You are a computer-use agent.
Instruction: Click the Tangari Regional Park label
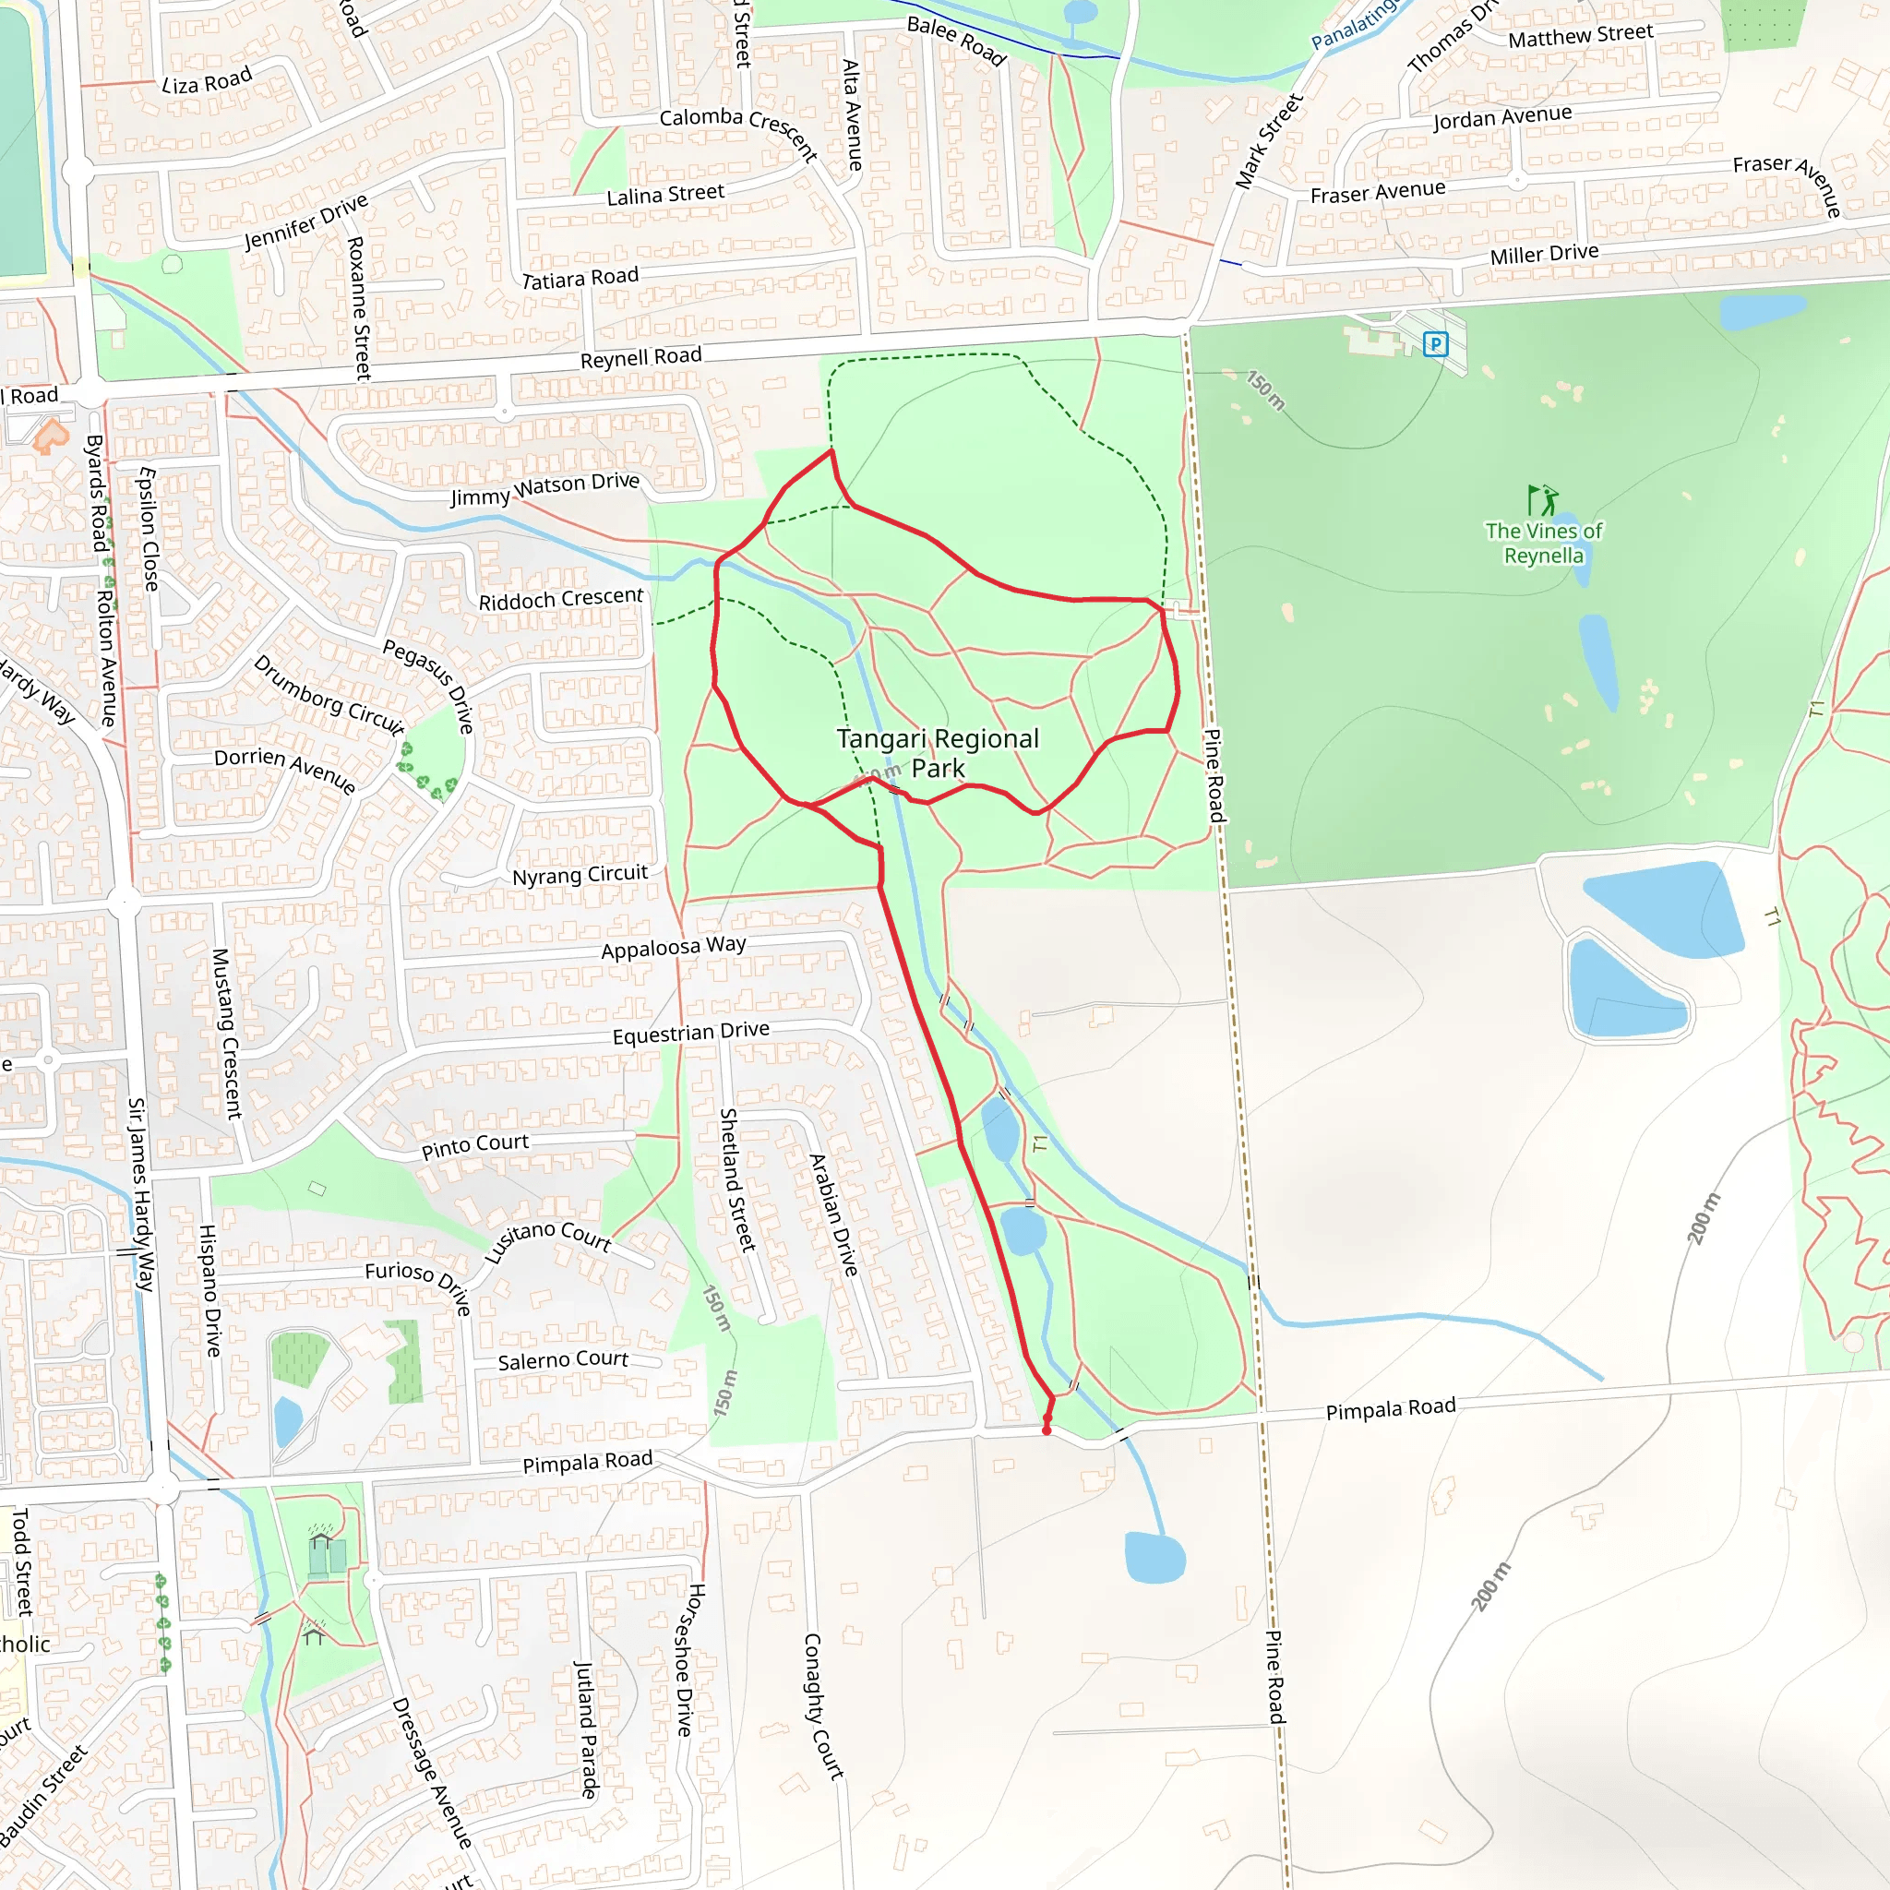click(x=938, y=753)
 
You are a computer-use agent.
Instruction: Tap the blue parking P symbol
click(x=1435, y=344)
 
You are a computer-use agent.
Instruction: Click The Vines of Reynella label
click(x=1544, y=543)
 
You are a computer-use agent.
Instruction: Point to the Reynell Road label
click(x=640, y=357)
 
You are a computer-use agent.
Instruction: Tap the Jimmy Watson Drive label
click(x=544, y=489)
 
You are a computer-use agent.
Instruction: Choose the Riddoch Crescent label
click(x=560, y=599)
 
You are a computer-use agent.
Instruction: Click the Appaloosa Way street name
click(x=673, y=947)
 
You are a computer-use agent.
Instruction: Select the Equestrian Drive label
click(x=690, y=1033)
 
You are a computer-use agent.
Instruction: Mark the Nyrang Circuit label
click(x=580, y=875)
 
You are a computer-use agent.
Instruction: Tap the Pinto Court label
click(x=475, y=1145)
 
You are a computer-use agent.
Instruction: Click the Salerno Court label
click(x=563, y=1359)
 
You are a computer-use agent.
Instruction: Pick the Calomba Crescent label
click(x=738, y=130)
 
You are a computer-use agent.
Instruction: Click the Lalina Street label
click(x=665, y=195)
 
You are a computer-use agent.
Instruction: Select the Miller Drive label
click(x=1544, y=255)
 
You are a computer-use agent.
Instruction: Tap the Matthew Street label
click(x=1580, y=36)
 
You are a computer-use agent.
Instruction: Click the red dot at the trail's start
click(x=1047, y=1430)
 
